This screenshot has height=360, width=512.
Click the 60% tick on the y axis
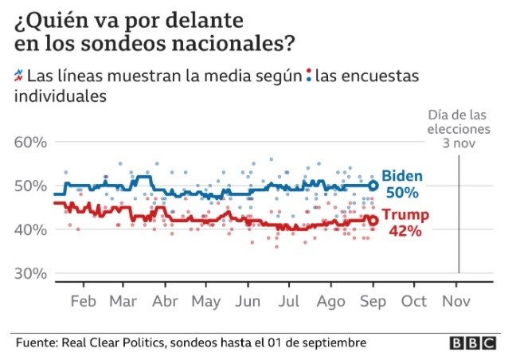coord(31,143)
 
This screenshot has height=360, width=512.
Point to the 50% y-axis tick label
coord(31,186)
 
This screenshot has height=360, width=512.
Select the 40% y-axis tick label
coord(31,229)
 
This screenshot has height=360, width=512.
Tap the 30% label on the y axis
coord(31,273)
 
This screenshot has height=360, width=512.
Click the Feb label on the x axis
coord(84,302)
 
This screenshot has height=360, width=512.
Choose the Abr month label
coord(165,302)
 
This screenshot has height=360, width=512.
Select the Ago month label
coord(330,302)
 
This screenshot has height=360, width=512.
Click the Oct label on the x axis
coord(414,302)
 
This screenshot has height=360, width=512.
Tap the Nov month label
coord(456,302)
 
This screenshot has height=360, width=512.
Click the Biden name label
coord(402,177)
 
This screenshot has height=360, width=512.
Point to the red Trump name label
coord(406,215)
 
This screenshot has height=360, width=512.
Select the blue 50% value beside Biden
coord(403,193)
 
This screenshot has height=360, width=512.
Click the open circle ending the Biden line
coord(373,186)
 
